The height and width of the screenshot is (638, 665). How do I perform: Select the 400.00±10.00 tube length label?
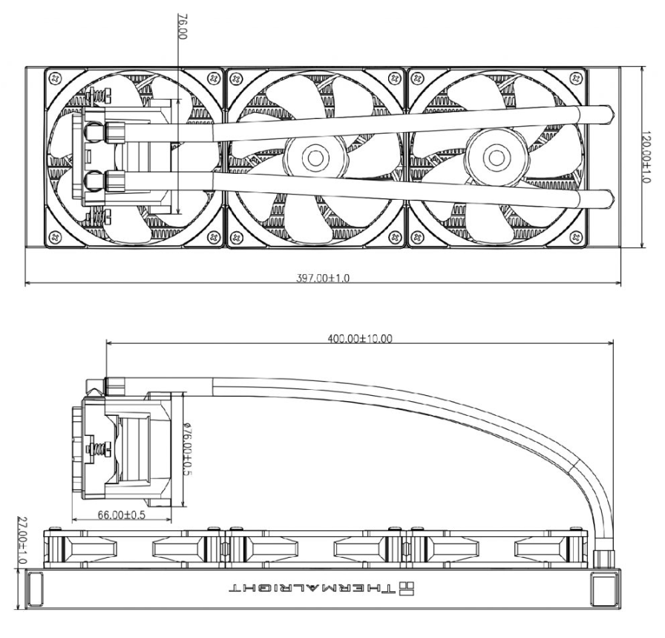(360, 338)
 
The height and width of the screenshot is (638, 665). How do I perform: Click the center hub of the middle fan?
(315, 157)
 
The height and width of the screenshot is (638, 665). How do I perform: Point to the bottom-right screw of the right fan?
(576, 238)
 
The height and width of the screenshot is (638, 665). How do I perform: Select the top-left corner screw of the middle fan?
(235, 77)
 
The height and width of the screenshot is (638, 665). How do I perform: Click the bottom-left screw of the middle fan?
(235, 238)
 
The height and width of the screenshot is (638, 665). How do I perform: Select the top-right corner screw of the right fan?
(576, 77)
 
